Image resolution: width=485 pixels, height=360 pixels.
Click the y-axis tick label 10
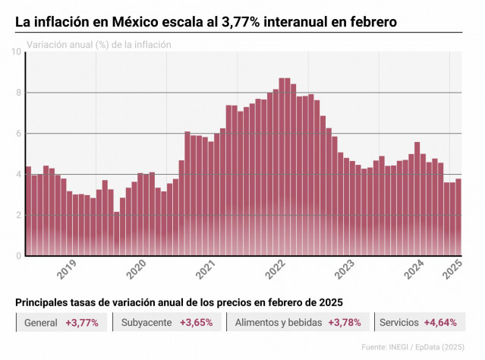(x=17, y=52)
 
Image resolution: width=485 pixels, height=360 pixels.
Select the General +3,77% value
(x=82, y=323)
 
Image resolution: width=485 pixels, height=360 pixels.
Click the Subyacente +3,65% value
(x=196, y=323)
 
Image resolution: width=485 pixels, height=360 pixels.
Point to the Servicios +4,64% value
(x=440, y=323)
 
